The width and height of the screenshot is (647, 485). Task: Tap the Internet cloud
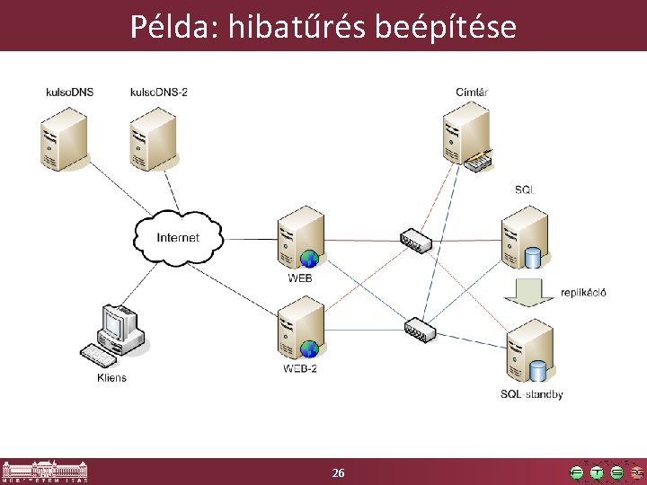pos(178,237)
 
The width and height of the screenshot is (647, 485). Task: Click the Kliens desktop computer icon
pos(116,336)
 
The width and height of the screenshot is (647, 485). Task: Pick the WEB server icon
pos(300,238)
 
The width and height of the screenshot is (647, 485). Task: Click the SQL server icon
pos(525,237)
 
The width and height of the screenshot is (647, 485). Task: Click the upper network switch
pos(415,240)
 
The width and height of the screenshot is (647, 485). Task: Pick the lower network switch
pos(420,328)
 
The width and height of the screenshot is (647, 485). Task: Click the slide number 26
pos(338,472)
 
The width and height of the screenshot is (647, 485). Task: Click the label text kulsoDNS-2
pos(159,92)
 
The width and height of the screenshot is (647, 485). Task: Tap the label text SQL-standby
pos(531,394)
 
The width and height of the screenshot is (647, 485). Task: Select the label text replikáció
pos(583,292)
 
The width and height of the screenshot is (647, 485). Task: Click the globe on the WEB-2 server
pos(309,348)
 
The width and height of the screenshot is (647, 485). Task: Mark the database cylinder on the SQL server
pos(532,259)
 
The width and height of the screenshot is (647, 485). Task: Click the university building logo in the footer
pos(45,471)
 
